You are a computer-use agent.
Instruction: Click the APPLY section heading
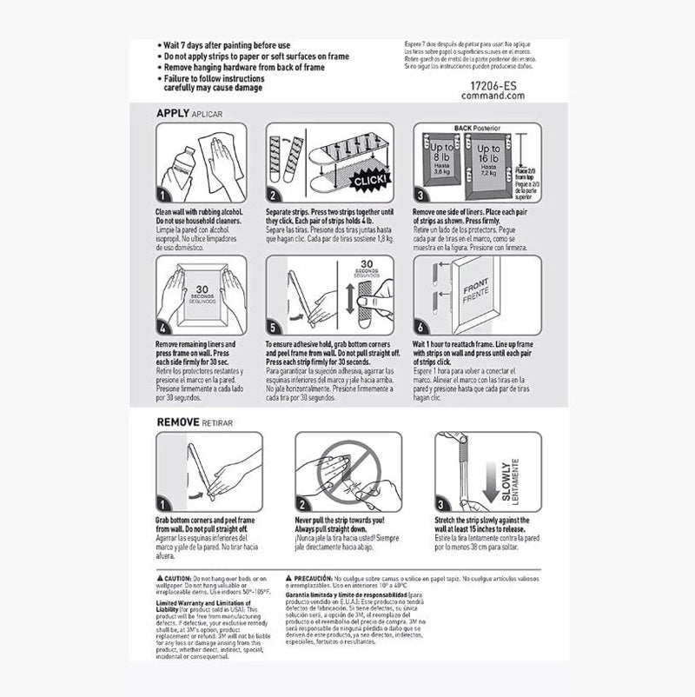(173, 113)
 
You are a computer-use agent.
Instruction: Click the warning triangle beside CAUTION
(161, 577)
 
